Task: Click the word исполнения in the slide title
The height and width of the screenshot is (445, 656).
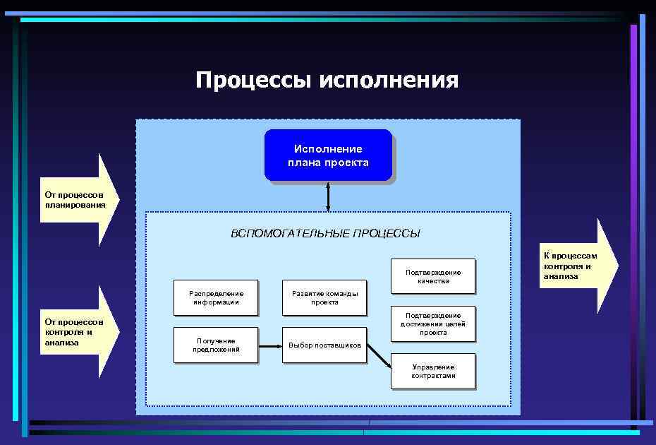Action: coord(389,80)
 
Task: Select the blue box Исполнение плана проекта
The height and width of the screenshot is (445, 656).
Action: coord(328,155)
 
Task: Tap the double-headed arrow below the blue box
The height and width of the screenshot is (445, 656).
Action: coord(328,198)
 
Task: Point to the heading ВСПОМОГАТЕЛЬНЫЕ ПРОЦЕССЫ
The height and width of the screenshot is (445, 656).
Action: coord(326,234)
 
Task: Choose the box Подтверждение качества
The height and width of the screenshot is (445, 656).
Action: coord(433,276)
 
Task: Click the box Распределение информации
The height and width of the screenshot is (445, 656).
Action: coord(216,297)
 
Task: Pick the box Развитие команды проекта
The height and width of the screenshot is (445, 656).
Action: coord(324,297)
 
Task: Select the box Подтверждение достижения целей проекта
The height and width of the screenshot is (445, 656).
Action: coord(433,324)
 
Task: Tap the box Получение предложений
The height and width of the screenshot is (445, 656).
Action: coord(216,345)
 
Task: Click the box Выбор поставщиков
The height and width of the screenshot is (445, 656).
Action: coord(324,345)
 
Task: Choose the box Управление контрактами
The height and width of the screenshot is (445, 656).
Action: coord(433,371)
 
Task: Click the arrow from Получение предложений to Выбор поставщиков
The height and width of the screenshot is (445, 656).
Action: coord(269,345)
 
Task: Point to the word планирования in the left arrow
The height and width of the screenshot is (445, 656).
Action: coord(75,205)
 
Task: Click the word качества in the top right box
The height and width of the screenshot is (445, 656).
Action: coord(433,281)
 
